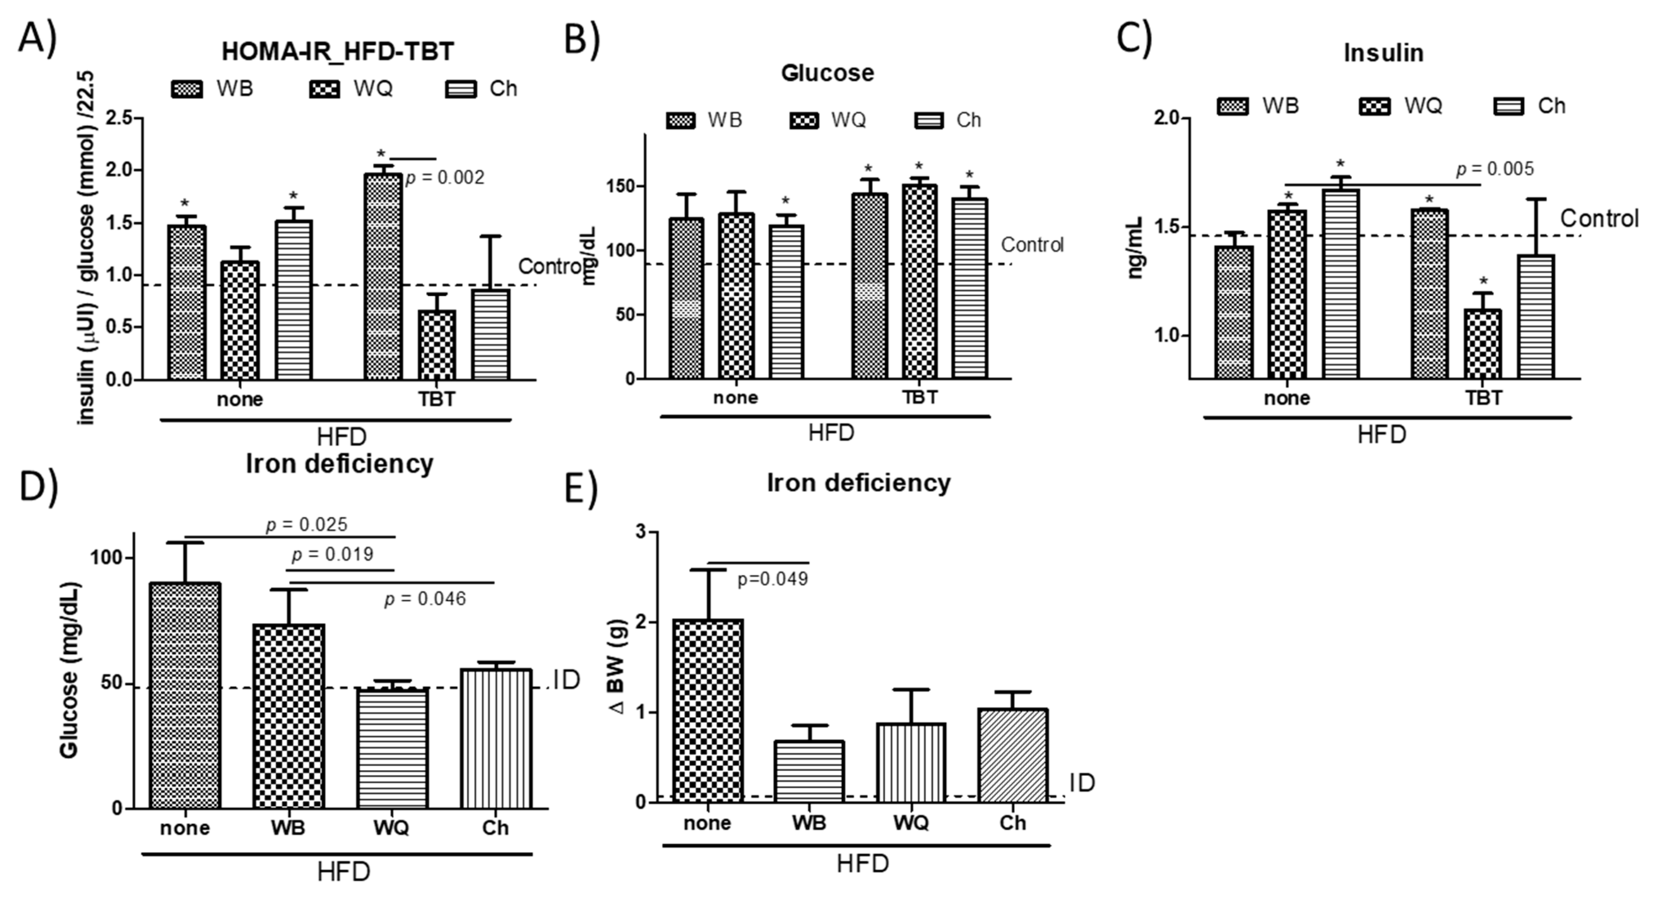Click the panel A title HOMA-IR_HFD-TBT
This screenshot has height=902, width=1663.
(x=337, y=52)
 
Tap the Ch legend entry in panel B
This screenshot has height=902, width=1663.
(x=948, y=120)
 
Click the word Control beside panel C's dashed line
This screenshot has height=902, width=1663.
(x=1599, y=219)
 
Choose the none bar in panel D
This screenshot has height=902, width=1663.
(x=185, y=695)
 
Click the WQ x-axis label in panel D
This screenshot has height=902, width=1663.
(x=391, y=828)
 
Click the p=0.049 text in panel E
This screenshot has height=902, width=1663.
(x=772, y=579)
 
